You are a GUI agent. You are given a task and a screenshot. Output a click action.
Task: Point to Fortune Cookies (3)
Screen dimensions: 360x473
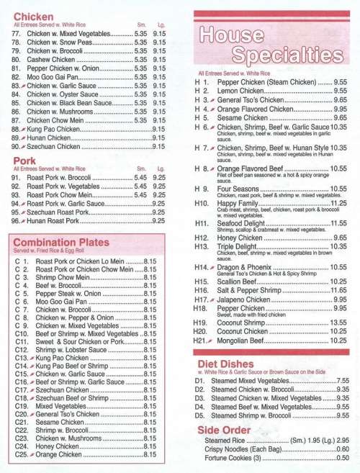[234, 457]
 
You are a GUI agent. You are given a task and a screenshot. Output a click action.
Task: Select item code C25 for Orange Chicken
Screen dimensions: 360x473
[21, 456]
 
